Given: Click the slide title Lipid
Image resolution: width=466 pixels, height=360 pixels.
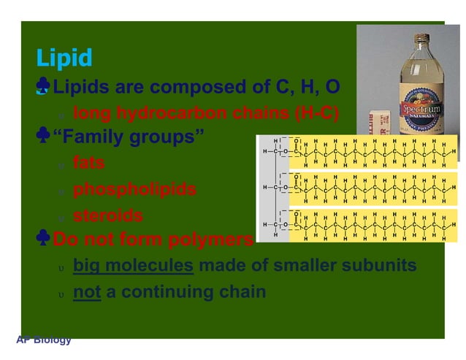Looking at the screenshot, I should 64,58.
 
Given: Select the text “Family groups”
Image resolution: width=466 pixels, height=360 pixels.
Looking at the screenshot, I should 130,137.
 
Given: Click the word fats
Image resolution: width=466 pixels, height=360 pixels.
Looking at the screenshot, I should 89,164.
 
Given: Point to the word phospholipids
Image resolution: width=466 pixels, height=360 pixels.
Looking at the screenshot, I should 134,189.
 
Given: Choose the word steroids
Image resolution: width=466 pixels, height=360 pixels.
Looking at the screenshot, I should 108,216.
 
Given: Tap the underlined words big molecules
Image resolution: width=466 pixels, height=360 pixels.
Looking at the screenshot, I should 133,264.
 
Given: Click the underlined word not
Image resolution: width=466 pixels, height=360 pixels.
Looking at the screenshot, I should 87,291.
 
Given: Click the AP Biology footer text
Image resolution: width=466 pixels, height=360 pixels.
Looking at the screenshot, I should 44,340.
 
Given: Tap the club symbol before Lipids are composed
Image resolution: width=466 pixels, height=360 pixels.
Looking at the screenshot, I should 44,88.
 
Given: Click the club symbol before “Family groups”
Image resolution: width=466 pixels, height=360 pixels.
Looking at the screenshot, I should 44,137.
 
